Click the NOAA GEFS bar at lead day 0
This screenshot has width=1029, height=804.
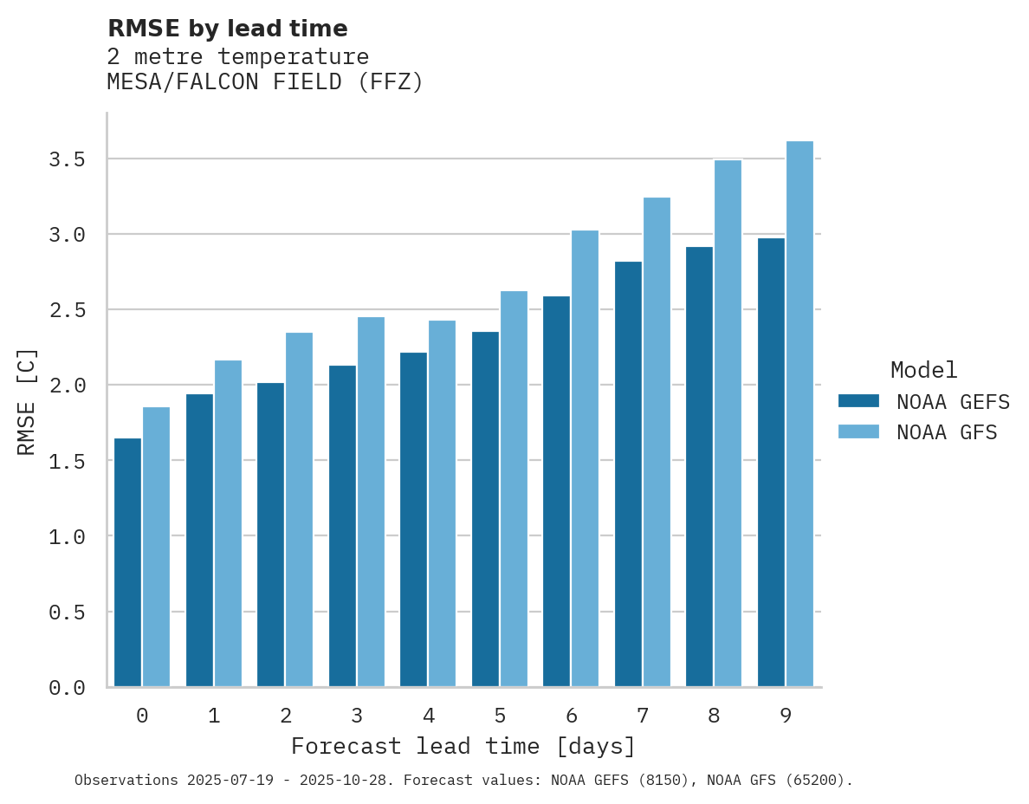click(x=127, y=563)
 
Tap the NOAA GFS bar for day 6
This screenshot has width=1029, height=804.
click(x=586, y=458)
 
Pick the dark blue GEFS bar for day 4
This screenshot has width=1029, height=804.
click(x=413, y=520)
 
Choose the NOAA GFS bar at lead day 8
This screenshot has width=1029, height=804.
click(x=728, y=424)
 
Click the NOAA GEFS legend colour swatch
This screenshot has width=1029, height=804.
click(x=858, y=401)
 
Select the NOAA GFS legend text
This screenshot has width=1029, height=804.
click(x=947, y=432)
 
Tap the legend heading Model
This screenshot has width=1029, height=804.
click(x=923, y=370)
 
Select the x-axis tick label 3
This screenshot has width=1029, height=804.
click(x=357, y=716)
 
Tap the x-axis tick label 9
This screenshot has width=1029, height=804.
click(x=786, y=716)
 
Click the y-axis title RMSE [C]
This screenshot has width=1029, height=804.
click(x=27, y=401)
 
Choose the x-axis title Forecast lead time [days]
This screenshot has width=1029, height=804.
click(x=463, y=746)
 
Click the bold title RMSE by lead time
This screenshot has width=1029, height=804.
click(x=227, y=29)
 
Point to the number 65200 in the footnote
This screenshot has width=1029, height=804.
click(x=813, y=781)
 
